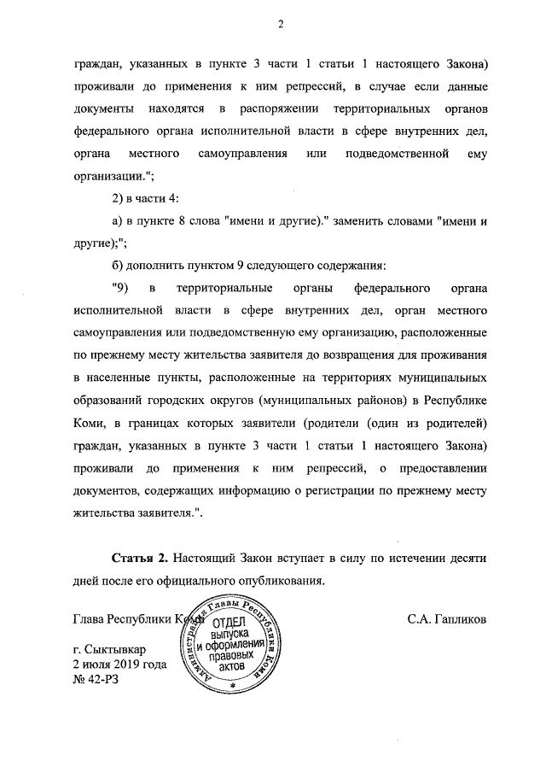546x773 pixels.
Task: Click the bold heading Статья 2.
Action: click(141, 557)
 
